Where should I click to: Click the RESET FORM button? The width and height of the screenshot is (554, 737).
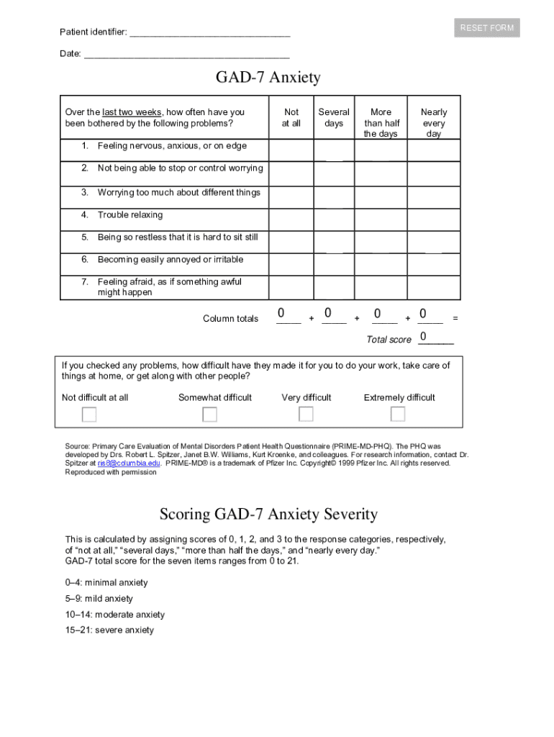(x=487, y=28)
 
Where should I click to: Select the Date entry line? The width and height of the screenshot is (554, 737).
(x=186, y=54)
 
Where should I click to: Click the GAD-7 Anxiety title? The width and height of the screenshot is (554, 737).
(x=268, y=78)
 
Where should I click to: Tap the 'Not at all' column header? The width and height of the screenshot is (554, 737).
(x=291, y=117)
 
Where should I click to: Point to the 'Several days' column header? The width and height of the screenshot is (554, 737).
(x=334, y=117)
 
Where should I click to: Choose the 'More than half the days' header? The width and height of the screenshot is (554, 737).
(x=381, y=122)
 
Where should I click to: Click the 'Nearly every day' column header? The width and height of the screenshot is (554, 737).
(x=434, y=122)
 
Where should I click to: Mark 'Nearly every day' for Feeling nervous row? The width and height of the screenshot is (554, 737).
(x=434, y=150)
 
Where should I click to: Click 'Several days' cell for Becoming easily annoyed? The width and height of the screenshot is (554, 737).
(x=334, y=264)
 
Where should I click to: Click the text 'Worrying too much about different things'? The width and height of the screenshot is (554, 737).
(x=179, y=193)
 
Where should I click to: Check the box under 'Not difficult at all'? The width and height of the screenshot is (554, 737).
(x=89, y=415)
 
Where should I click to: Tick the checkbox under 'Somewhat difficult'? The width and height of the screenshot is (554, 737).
(x=209, y=415)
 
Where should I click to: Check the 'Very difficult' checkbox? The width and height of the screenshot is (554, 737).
(x=306, y=414)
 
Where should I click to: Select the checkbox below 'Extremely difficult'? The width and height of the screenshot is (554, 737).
(x=398, y=414)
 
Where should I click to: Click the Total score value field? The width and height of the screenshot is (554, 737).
(x=435, y=338)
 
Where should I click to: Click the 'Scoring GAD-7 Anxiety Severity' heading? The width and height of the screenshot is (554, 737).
(x=268, y=515)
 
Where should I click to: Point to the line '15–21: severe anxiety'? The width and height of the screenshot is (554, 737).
(x=109, y=630)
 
